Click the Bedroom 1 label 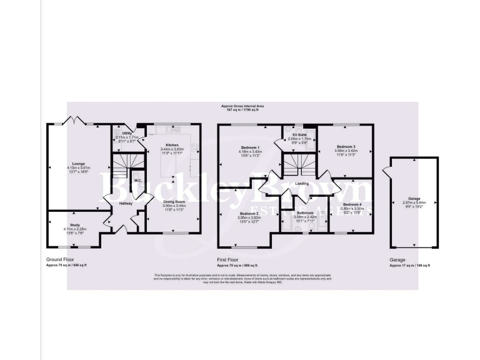click(249, 147)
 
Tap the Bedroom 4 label click(352, 204)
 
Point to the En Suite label click(298, 134)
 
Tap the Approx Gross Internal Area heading click(242, 106)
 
